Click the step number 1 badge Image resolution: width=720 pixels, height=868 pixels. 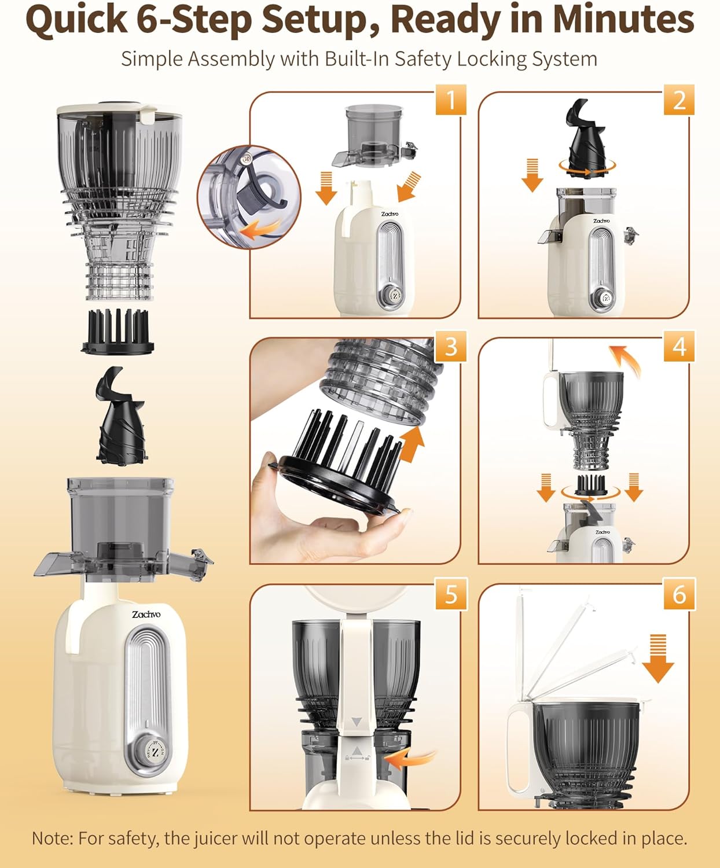click(x=451, y=100)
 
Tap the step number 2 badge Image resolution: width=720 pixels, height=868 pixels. click(x=679, y=100)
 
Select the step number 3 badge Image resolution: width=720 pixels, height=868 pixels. click(x=451, y=346)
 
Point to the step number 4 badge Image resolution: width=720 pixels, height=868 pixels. click(x=679, y=346)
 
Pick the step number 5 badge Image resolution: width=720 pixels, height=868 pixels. click(x=451, y=594)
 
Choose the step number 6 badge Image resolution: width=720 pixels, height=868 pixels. click(x=679, y=594)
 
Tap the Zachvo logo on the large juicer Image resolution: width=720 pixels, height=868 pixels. click(x=146, y=614)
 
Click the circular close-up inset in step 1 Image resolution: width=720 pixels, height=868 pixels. click(x=249, y=197)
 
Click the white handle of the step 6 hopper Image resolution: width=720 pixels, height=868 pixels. click(x=516, y=746)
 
